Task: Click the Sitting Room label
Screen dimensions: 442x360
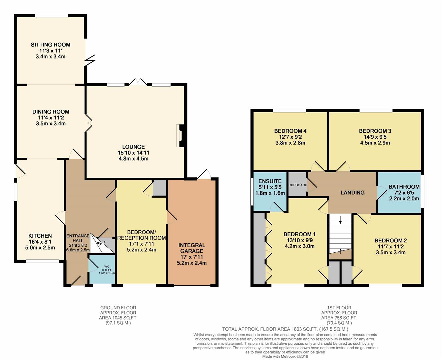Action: point(51,45)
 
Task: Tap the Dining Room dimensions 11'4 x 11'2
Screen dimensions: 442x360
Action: point(51,118)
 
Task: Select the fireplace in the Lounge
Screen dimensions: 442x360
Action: point(180,136)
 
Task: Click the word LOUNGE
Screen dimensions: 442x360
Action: point(133,147)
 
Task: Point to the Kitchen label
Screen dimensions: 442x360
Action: point(40,236)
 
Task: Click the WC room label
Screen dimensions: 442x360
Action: point(107,266)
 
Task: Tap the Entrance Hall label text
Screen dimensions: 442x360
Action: point(78,238)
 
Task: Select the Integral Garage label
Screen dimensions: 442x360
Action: point(192,248)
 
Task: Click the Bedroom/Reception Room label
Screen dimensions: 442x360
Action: point(141,235)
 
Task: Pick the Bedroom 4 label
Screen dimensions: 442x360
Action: point(290,131)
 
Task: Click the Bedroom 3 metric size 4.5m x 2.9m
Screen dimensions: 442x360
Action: point(375,143)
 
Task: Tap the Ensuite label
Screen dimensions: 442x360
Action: point(270,181)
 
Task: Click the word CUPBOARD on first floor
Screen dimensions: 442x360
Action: point(298,185)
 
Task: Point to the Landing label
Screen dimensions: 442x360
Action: point(353,193)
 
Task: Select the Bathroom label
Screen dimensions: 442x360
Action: point(404,187)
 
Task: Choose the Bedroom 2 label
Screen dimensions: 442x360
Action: point(391,241)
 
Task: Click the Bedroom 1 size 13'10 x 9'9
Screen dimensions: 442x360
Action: point(300,240)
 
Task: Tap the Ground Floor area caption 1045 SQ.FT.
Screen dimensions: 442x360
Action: point(118,318)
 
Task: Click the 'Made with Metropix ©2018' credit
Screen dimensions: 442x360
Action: point(285,357)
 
